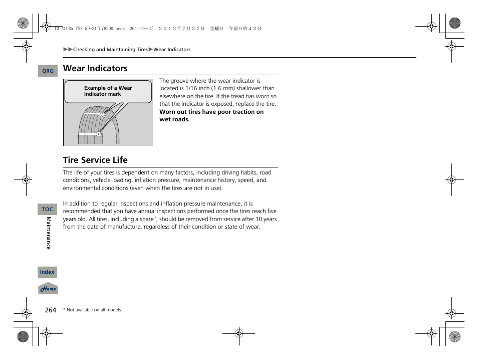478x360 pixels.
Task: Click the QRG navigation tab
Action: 48,71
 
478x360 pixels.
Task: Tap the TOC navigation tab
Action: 48,210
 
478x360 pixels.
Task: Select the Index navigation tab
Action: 47,272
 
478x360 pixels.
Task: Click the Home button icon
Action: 48,289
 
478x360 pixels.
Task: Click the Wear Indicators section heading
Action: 95,68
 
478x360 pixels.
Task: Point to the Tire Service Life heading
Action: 95,160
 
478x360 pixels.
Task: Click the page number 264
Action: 51,310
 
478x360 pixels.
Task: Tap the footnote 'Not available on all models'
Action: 93,310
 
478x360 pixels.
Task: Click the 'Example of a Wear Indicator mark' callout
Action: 108,91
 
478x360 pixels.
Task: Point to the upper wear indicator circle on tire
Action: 102,115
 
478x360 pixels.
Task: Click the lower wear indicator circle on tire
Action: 99,134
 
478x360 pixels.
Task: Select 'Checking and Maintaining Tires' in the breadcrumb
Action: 111,50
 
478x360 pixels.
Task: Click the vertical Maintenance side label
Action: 49,233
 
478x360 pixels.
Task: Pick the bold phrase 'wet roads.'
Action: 174,120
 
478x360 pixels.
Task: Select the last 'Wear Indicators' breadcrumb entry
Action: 172,50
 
